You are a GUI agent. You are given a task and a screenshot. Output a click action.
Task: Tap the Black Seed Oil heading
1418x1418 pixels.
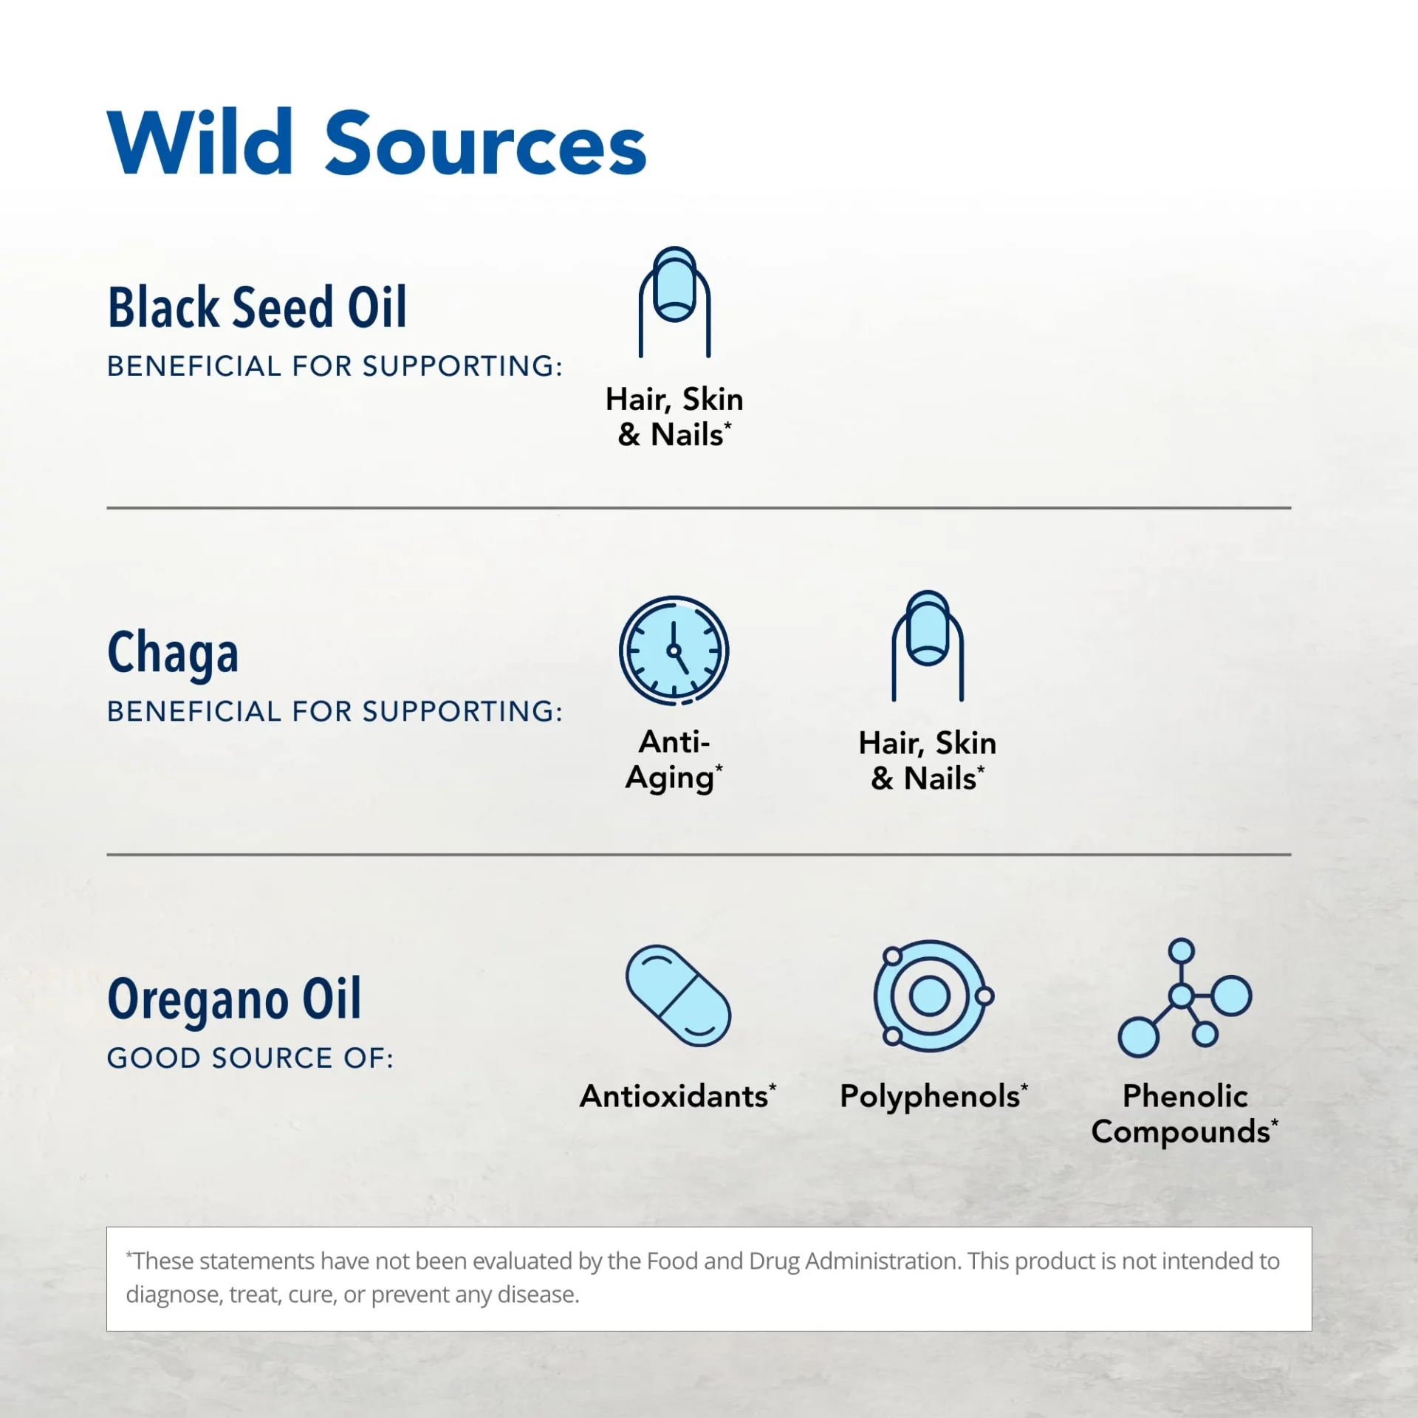[x=257, y=306]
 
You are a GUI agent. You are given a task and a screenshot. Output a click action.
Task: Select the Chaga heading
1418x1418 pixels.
[x=173, y=654]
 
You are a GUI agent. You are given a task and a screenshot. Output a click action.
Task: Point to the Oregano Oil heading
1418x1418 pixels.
[x=235, y=999]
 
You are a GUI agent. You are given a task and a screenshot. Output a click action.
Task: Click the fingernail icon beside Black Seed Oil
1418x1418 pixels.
[x=674, y=302]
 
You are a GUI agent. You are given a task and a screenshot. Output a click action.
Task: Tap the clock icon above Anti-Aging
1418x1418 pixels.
[x=674, y=651]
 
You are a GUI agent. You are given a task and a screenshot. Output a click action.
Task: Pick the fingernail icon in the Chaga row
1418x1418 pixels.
[x=928, y=645]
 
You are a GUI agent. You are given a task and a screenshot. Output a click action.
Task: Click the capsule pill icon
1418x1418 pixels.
[x=678, y=996]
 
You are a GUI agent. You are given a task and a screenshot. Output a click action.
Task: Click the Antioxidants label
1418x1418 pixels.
[x=678, y=1096]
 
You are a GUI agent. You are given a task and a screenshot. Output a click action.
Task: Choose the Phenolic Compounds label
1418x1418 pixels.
[x=1185, y=1114]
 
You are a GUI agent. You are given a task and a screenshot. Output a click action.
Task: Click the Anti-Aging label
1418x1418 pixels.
[x=674, y=761]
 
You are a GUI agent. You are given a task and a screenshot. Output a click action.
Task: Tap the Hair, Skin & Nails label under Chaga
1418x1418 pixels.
[x=928, y=761]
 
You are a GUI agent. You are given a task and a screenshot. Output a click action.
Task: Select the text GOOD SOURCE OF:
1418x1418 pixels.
[x=250, y=1058]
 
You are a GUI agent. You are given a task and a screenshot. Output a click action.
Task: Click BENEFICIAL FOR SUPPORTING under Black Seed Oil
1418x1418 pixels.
[x=335, y=366]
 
